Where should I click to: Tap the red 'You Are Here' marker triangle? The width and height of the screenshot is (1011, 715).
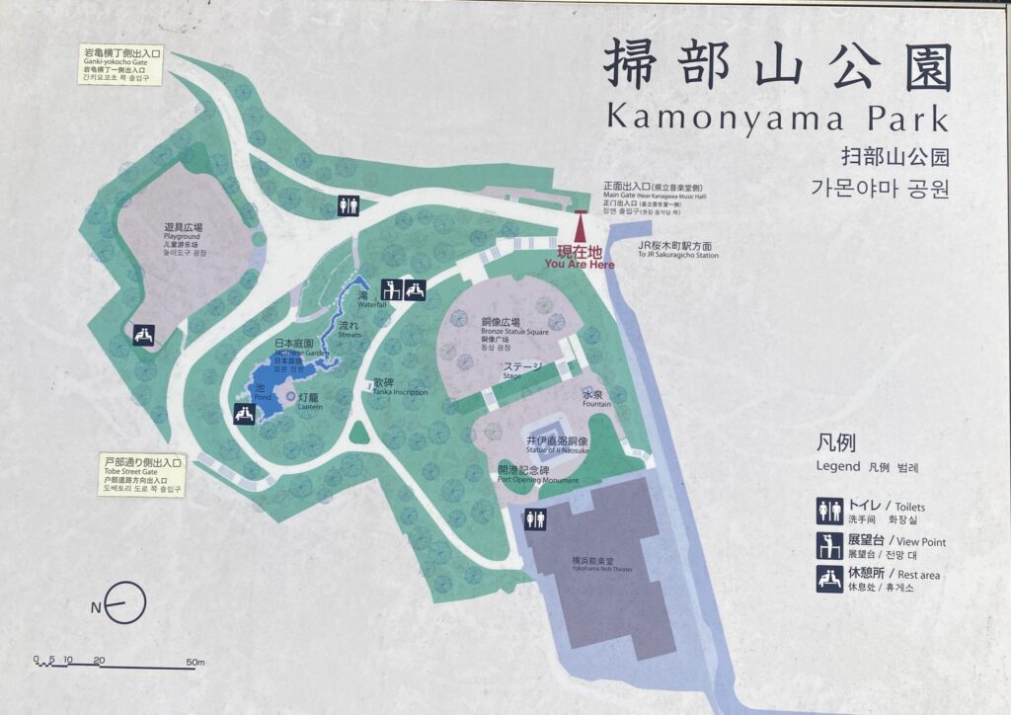[x=580, y=225]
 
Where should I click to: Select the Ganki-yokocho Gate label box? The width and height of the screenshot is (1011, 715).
[x=122, y=64]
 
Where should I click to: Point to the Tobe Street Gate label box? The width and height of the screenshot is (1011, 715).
[x=142, y=475]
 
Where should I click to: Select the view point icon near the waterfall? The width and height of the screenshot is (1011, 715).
[x=391, y=289]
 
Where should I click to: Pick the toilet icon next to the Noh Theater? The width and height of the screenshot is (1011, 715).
[x=536, y=518]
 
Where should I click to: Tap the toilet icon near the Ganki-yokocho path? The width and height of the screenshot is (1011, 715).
[x=348, y=204]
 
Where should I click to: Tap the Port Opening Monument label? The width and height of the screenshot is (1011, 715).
[x=538, y=475]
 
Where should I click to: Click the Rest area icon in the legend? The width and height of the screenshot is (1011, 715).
[x=829, y=578]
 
